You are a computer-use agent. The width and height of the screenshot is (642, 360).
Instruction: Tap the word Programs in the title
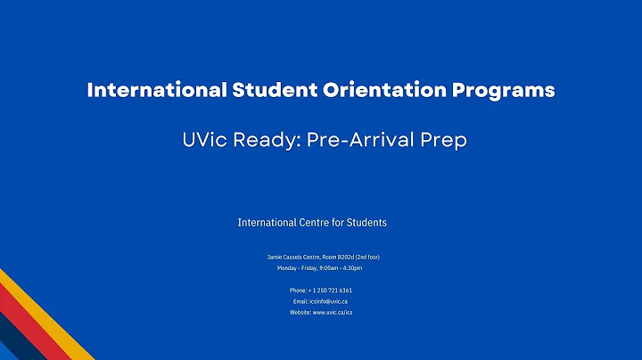click(x=505, y=91)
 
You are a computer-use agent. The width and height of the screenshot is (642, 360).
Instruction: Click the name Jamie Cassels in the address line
click(x=284, y=257)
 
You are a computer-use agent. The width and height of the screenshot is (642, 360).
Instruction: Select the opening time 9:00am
click(x=326, y=267)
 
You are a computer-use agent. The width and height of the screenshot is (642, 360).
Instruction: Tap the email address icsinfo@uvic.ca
click(x=329, y=301)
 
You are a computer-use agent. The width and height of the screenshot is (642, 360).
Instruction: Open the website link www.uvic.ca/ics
click(x=333, y=313)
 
